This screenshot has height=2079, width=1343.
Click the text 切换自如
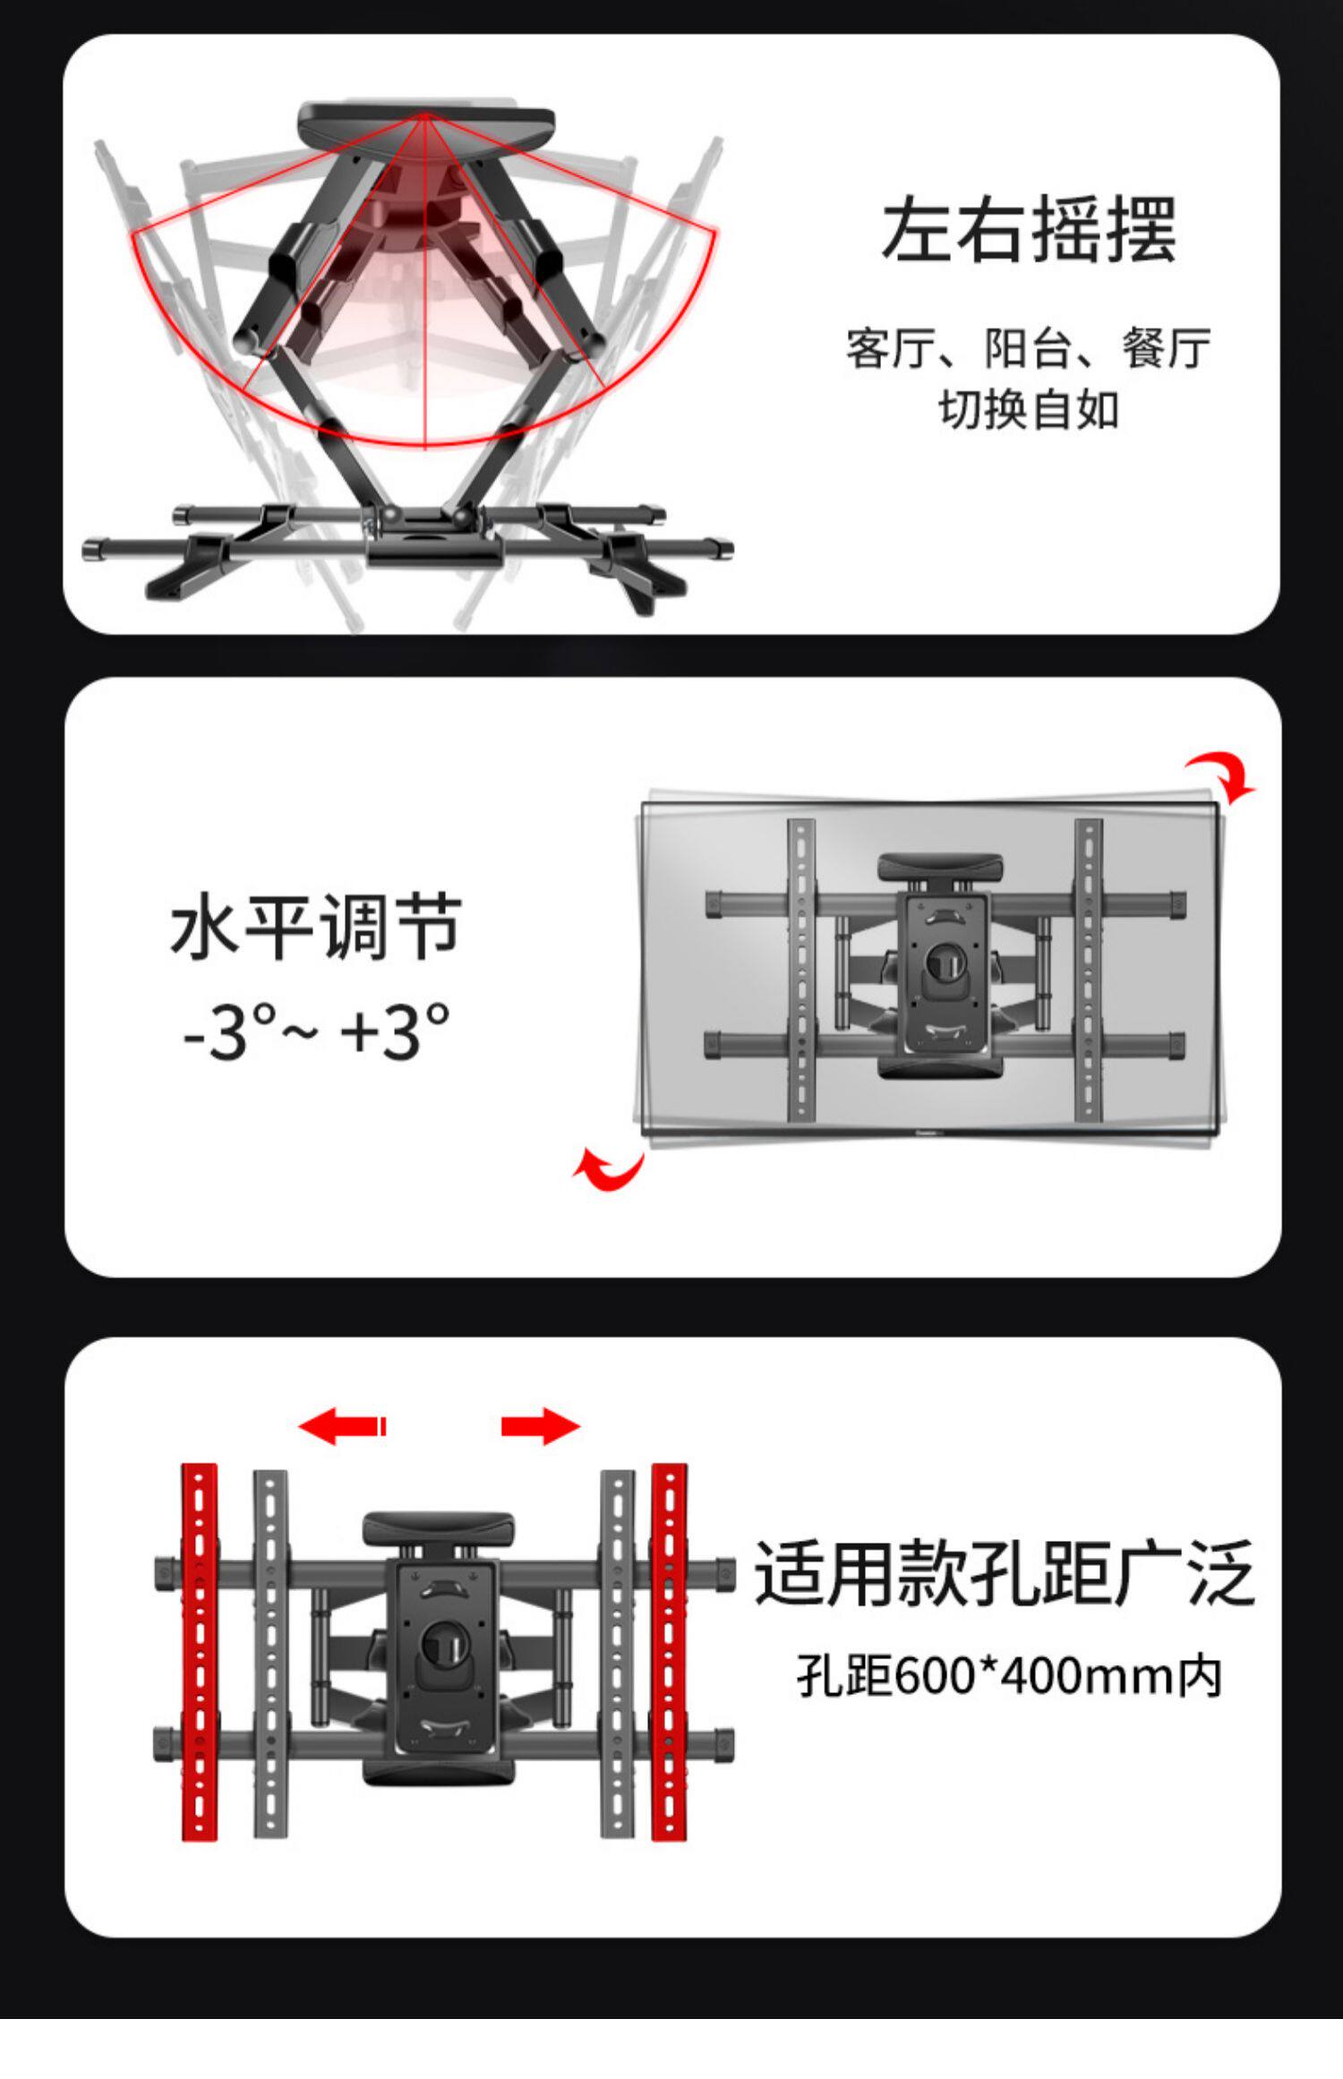pyautogui.click(x=1029, y=411)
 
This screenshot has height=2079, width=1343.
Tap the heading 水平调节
pyautogui.click(x=316, y=927)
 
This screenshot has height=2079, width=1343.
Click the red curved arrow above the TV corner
pyautogui.click(x=1223, y=775)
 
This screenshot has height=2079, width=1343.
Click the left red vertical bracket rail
pyautogui.click(x=200, y=1652)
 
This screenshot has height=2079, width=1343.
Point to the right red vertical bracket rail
pyautogui.click(x=669, y=1652)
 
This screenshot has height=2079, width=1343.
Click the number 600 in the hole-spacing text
pyautogui.click(x=931, y=1676)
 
